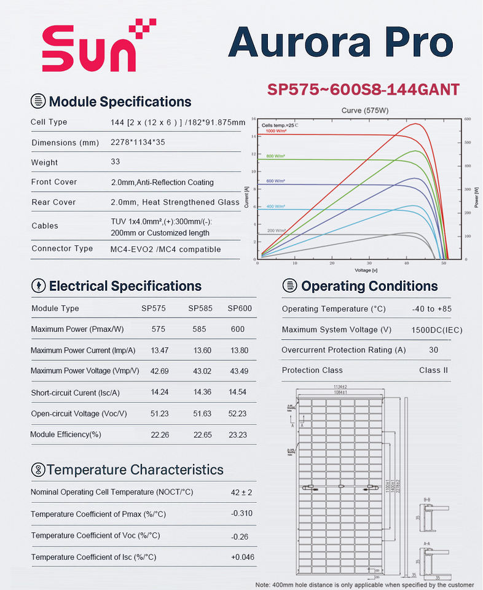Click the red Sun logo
point(98,49)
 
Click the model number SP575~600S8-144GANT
point(363,89)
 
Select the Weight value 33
point(115,162)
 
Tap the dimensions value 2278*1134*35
point(137,142)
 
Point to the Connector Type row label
point(62,248)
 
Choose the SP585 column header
point(200,308)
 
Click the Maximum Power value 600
point(237,329)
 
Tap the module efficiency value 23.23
point(237,435)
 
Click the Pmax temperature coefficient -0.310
point(242,513)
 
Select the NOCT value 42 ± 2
point(241,492)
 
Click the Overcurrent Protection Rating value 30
point(434,350)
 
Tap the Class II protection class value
point(433,370)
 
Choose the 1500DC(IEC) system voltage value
point(436,329)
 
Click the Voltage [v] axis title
point(366,270)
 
